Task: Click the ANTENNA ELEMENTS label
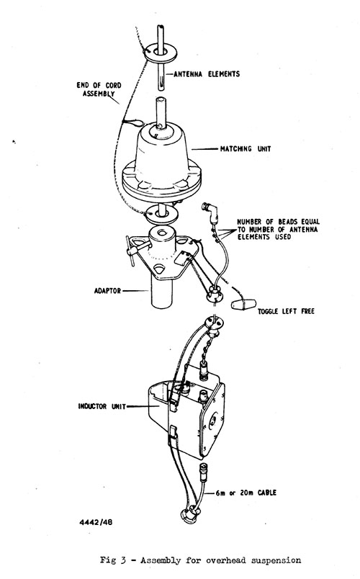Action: (207, 74)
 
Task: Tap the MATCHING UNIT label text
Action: (246, 149)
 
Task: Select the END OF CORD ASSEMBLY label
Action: (99, 89)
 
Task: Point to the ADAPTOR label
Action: (107, 291)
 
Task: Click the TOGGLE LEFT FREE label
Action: (286, 311)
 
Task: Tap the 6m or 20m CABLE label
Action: (246, 493)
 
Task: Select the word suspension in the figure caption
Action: (276, 560)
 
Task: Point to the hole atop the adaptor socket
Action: (162, 233)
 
